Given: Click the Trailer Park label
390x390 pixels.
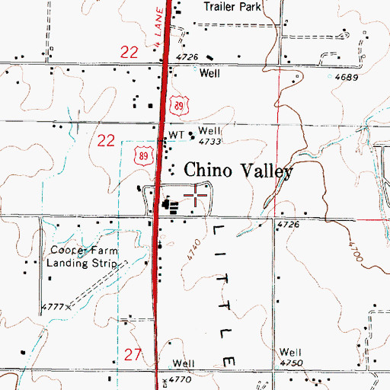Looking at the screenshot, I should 232,7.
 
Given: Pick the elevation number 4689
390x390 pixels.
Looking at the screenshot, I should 347,78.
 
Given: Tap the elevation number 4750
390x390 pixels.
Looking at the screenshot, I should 290,363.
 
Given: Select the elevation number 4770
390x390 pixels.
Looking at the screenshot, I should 179,379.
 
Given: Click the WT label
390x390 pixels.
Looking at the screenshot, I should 177,134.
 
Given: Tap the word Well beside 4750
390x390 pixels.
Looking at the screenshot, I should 290,352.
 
